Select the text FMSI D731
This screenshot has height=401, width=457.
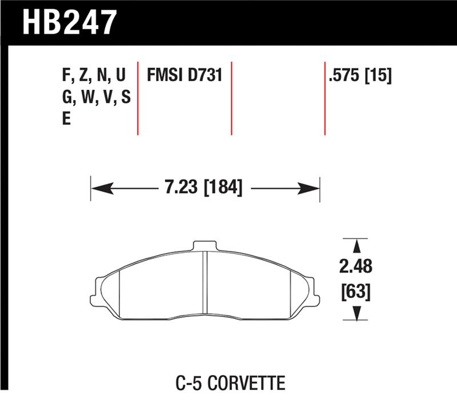(x=184, y=75)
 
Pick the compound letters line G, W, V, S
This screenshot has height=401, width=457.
(x=96, y=98)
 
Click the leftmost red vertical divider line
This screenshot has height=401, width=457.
(x=138, y=97)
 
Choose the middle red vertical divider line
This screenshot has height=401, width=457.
(x=231, y=97)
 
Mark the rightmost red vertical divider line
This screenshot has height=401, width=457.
(x=324, y=97)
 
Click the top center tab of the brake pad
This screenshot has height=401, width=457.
(x=206, y=246)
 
